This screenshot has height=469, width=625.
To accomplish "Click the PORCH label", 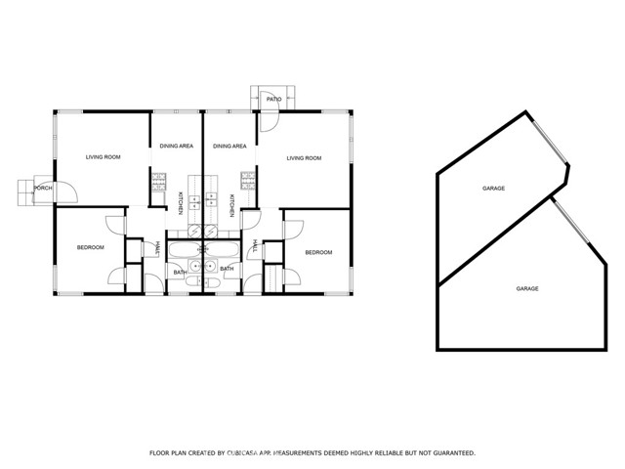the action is coord(43,188).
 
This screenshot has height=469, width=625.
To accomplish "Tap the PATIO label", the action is coord(273,99).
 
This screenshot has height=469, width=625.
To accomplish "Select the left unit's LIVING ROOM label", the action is coord(104,157).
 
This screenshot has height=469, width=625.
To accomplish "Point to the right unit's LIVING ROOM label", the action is coord(304,158).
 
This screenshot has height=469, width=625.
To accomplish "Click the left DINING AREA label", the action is coord(177,146).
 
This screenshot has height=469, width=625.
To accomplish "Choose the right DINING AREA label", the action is coord(229,147).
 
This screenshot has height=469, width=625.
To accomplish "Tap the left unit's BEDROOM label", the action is coord(91,247).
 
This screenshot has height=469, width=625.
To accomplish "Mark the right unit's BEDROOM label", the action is coord(319,252).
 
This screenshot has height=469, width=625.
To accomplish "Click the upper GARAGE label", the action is coord(493,189).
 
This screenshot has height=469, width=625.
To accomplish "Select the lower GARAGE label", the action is coord(527,289).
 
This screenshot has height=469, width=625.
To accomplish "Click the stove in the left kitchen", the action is coord(158,182).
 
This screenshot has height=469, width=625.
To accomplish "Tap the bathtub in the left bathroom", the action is coord(185,250).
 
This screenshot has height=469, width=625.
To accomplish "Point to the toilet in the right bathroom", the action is coord(213,282).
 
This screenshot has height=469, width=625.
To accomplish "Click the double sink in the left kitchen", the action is coord(194,202).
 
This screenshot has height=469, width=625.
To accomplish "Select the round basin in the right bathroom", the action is coord(211,266).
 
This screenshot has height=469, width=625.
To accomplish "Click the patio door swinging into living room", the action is coord(270,121).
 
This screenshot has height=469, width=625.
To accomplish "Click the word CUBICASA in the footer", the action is coord(243,453).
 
